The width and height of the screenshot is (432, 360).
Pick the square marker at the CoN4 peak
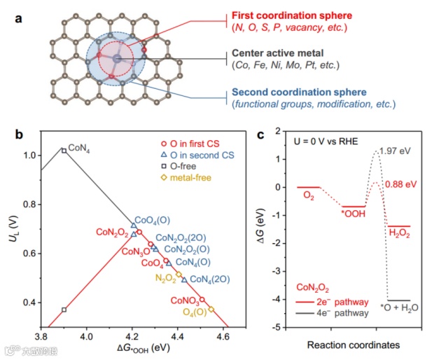(64, 151)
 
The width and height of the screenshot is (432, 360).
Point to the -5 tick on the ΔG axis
(279, 327)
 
